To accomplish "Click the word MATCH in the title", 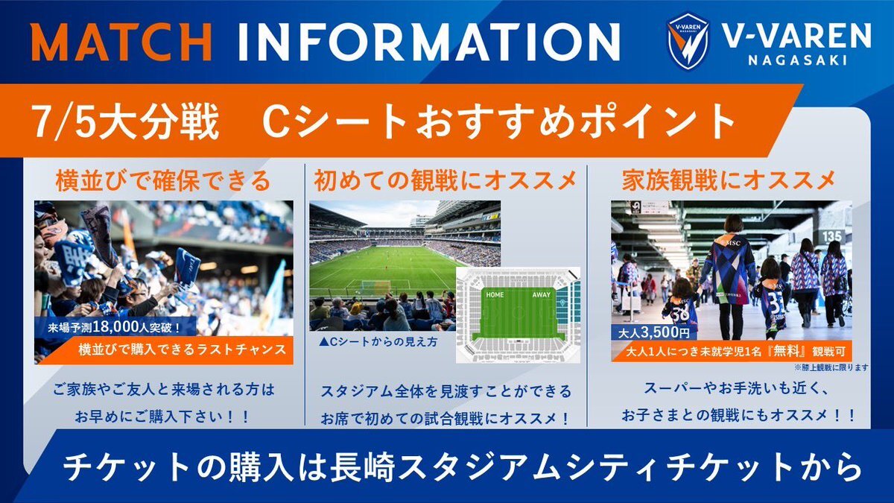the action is [x=121, y=42].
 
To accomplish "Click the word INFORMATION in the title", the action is [x=429, y=42].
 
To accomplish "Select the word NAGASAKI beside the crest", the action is [x=797, y=60].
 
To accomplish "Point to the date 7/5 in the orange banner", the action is [x=64, y=122].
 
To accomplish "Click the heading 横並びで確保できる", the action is [x=163, y=181].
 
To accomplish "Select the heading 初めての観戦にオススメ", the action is [x=445, y=181].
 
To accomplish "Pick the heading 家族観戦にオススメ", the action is [x=729, y=181].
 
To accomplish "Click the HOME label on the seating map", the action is [x=495, y=294].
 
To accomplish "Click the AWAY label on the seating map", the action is [x=541, y=294].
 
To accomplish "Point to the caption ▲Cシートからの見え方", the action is [x=378, y=342].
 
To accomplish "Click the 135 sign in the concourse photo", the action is [x=831, y=236].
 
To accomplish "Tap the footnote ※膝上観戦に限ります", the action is [x=831, y=367].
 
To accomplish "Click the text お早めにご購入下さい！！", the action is [x=162, y=417].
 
